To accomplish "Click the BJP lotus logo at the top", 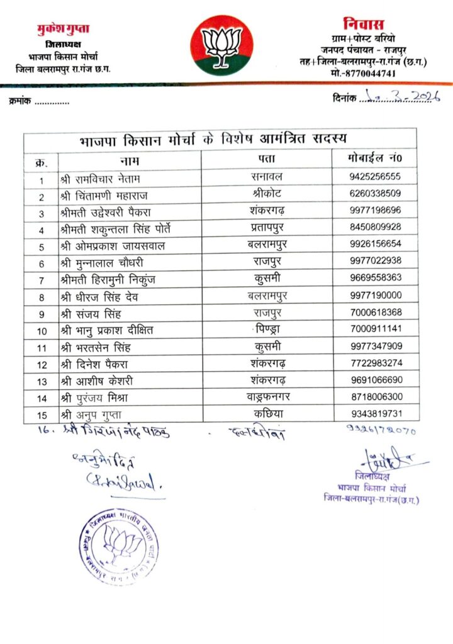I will pos(221,45).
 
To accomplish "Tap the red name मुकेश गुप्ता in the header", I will pos(63,29).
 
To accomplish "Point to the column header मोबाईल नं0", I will pos(374,159).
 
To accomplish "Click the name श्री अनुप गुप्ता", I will pos(94,414).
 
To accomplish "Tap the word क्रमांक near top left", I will pos(22,101).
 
